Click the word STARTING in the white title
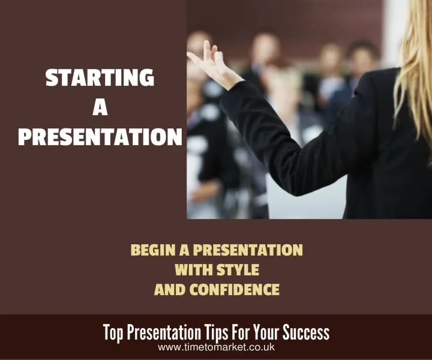(100, 79)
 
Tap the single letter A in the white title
(100, 108)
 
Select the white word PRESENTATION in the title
(100, 137)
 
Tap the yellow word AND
(171, 290)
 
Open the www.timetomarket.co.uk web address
(216, 347)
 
